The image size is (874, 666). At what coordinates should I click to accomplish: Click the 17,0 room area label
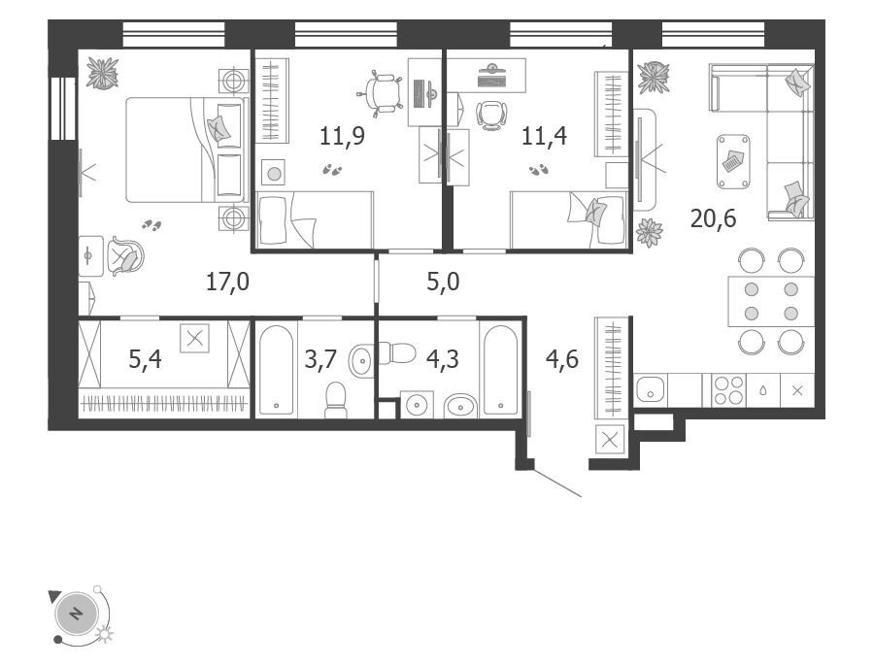click(x=227, y=282)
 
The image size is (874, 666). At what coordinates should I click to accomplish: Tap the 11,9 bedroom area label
click(x=342, y=136)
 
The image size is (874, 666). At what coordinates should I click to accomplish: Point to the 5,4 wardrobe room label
click(x=145, y=359)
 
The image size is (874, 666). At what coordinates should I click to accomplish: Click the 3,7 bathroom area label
click(x=320, y=359)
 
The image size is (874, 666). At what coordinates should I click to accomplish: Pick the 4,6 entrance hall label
click(x=562, y=359)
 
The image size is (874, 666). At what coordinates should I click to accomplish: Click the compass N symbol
click(x=77, y=614)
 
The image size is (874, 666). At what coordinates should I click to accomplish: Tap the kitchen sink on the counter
click(x=650, y=388)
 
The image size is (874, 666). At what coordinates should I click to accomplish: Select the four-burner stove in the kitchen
click(x=729, y=389)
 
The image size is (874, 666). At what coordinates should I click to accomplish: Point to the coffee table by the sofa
click(x=733, y=161)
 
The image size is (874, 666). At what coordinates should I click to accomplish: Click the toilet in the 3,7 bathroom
click(x=336, y=399)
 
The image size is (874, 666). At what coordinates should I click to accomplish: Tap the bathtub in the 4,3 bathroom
click(x=501, y=370)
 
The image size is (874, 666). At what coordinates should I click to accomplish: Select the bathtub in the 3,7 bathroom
click(x=276, y=370)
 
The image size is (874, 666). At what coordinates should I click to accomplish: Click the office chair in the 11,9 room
click(x=384, y=93)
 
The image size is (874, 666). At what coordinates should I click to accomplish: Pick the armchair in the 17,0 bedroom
click(x=125, y=256)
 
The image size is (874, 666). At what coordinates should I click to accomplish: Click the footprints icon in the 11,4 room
click(x=538, y=169)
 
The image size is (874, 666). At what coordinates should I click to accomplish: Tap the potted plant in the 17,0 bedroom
click(x=103, y=73)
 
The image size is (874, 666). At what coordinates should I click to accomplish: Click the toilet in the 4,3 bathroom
click(x=397, y=353)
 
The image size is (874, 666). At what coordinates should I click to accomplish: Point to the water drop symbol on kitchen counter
click(x=762, y=390)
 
